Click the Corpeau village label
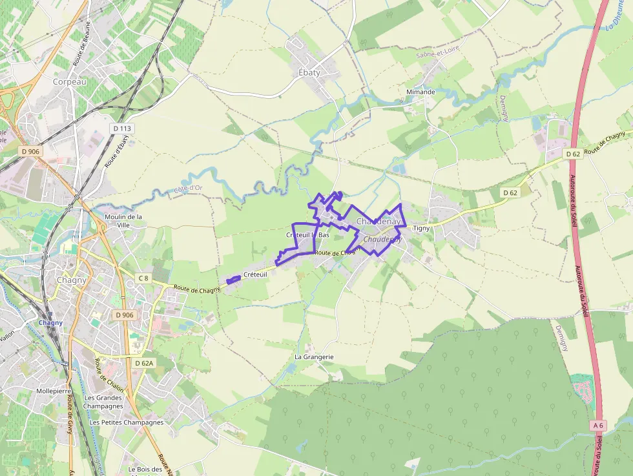tap(70, 82)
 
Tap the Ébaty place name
tap(309, 72)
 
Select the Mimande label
tap(420, 92)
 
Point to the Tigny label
tap(421, 228)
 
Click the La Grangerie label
tap(314, 357)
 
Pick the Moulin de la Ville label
tap(123, 221)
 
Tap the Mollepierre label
tap(54, 391)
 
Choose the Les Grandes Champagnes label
tap(103, 402)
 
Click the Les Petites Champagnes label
tap(127, 422)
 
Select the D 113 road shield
tap(121, 129)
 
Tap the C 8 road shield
tap(143, 278)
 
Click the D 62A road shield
tap(144, 363)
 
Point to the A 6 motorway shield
tap(598, 425)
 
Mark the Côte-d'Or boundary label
tap(188, 189)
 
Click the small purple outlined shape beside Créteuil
tap(234, 280)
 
